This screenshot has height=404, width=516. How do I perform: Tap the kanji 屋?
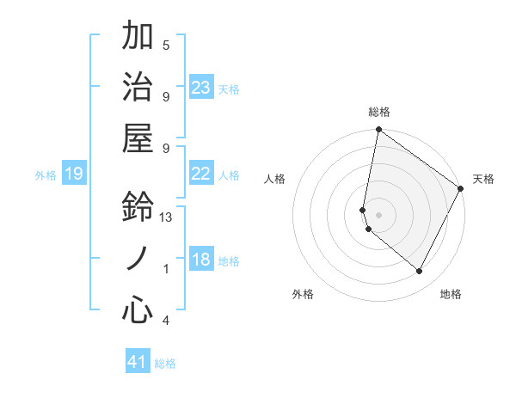point(138,138)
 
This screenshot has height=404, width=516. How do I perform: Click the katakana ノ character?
point(138,259)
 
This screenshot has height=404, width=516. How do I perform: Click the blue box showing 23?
point(201,88)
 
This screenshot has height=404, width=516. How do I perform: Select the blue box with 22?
point(201,174)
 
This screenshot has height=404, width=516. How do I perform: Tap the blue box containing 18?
point(201,260)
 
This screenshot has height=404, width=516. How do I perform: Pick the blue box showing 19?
point(73,174)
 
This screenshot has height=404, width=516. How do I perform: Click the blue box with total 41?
point(138,362)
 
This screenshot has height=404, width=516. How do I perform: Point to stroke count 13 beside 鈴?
point(167,217)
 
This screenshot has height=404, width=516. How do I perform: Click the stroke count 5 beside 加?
point(166,45)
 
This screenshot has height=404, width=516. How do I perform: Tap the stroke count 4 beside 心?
point(166,321)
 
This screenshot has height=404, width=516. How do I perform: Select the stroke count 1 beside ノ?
point(166,269)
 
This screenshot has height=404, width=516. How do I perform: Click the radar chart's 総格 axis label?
point(378,112)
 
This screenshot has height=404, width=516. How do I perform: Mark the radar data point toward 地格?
point(420,272)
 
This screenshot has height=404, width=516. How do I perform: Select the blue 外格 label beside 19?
point(46,175)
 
